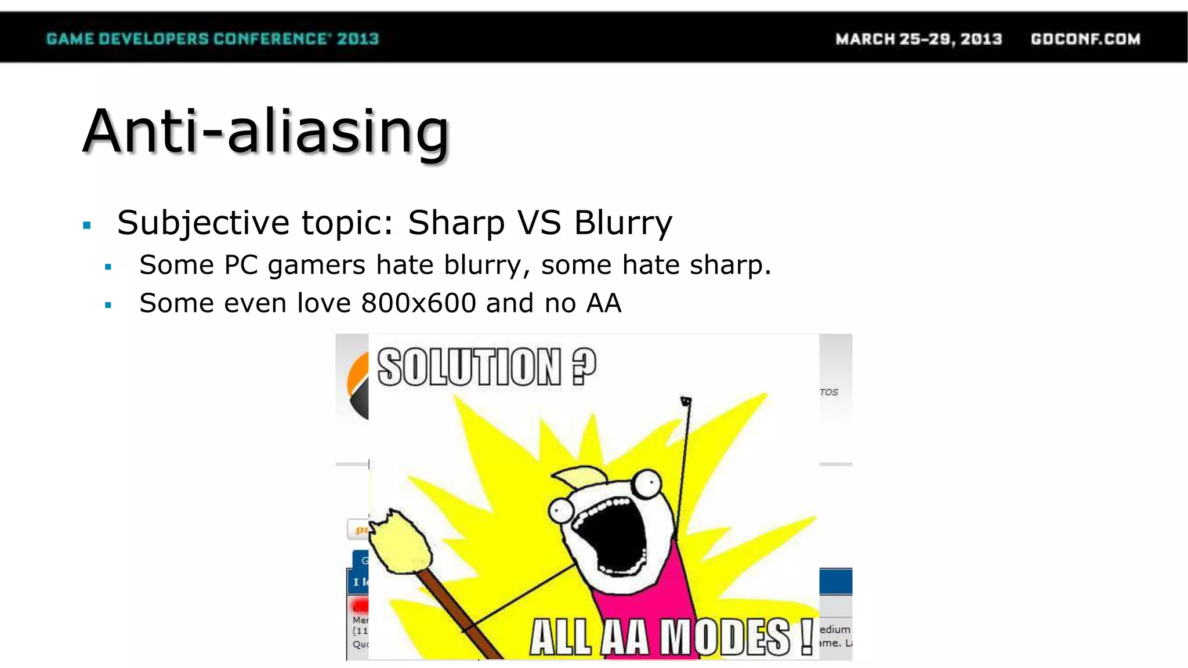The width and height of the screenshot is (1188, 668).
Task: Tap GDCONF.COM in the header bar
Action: click(1085, 39)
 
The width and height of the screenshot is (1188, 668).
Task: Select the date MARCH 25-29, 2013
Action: click(918, 39)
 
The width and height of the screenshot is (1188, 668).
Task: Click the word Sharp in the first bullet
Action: click(456, 223)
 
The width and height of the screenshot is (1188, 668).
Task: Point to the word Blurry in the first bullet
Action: click(623, 223)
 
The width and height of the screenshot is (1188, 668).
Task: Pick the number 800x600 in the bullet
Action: click(418, 303)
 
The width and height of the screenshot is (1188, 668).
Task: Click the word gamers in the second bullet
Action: click(316, 266)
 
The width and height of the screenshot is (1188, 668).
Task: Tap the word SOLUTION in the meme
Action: click(469, 367)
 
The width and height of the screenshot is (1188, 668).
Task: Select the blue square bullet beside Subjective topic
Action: click(87, 225)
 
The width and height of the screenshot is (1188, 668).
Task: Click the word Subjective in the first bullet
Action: click(203, 223)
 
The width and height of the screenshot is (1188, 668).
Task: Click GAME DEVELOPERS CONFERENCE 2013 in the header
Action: click(212, 39)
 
